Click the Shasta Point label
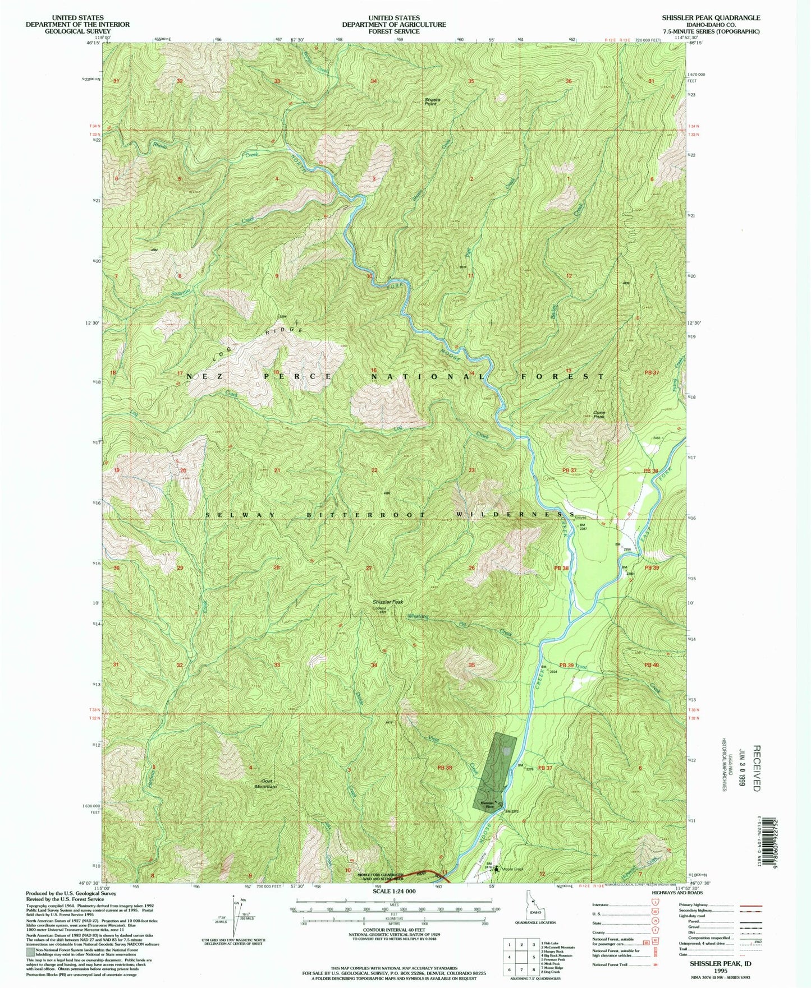click(x=432, y=101)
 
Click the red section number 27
click(x=369, y=568)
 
